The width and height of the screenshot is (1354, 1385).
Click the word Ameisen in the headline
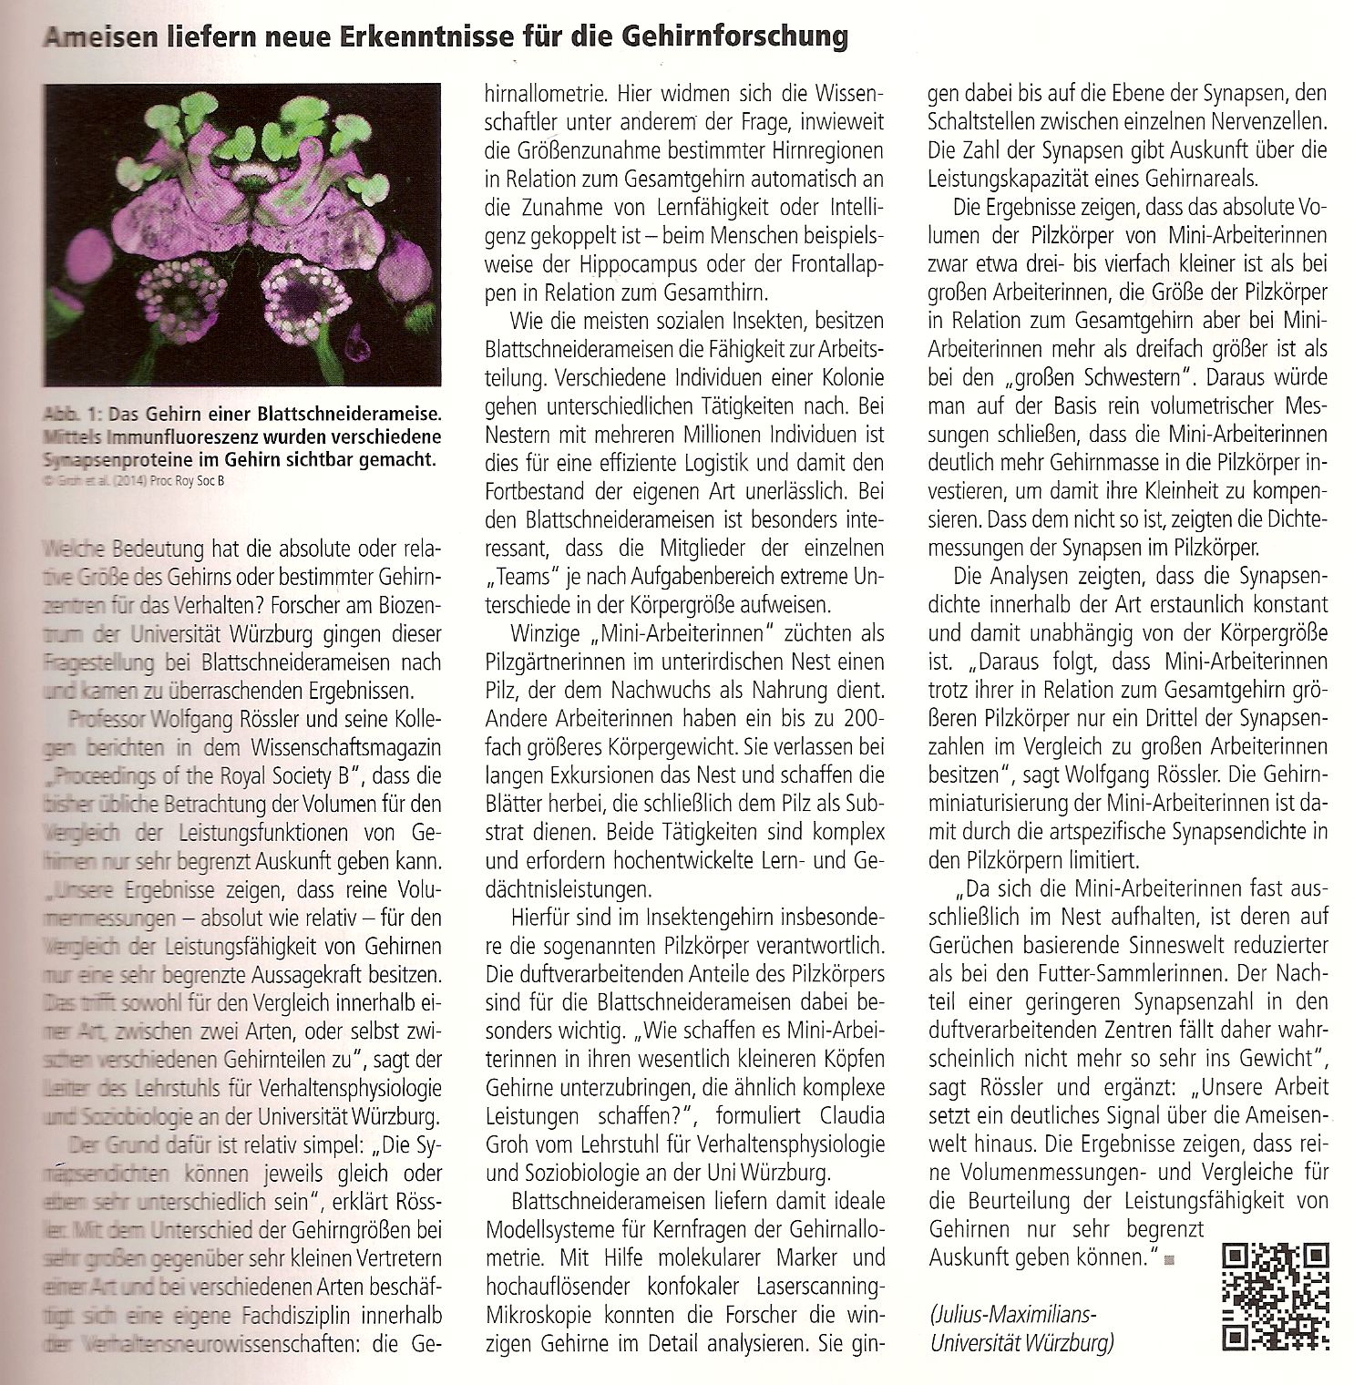tap(98, 38)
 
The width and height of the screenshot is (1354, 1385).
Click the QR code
tap(1275, 1295)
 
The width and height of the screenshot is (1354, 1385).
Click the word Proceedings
tap(114, 777)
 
